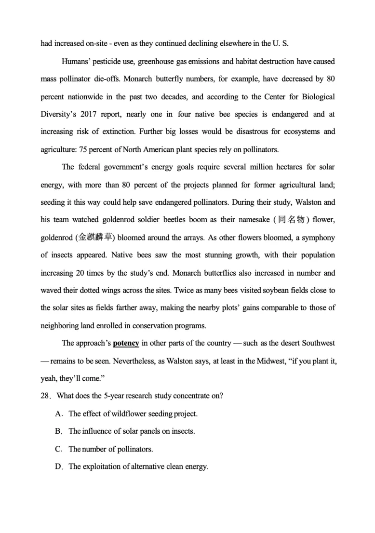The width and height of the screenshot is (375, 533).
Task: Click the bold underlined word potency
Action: [x=126, y=344]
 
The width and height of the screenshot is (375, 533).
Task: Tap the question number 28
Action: [x=46, y=396]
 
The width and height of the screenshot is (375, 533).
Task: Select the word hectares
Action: [x=265, y=167]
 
